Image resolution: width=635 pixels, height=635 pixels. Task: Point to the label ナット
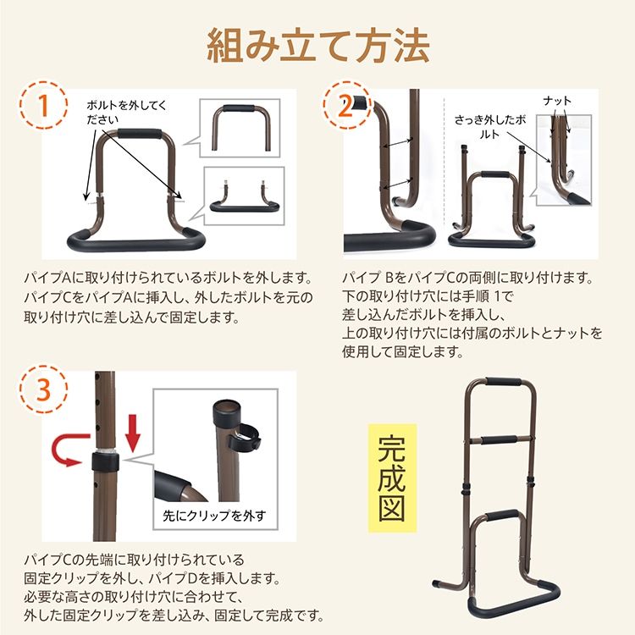coord(557,101)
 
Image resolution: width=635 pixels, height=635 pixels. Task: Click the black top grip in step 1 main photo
coord(140,135)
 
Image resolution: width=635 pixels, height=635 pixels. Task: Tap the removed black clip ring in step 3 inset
coord(246,440)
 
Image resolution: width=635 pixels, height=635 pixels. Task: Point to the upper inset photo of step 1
coord(239,127)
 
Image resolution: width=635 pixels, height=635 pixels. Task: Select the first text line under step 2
coord(468,279)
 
